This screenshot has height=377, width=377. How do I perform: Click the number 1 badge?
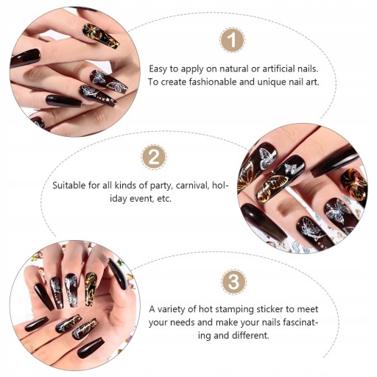coord(232,40)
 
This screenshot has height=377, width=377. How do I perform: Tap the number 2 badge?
coord(154,158)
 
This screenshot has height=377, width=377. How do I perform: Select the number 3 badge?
coord(233,281)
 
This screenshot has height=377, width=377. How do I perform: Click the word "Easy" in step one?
coord(158,69)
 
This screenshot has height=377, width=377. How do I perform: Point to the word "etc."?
coord(164,199)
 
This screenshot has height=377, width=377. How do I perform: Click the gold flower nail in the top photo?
coord(101,36)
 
